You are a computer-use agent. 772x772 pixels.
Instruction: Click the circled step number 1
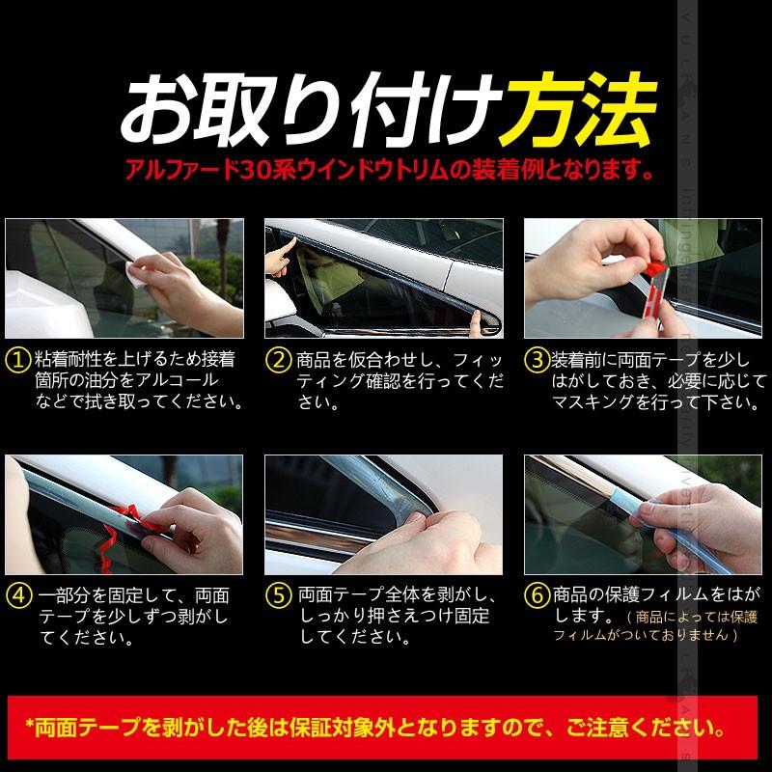(x=16, y=360)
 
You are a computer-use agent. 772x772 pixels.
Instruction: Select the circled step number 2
(x=277, y=360)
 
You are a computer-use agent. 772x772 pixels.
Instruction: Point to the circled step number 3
(x=538, y=360)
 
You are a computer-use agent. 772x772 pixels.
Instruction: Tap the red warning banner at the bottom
(x=386, y=724)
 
